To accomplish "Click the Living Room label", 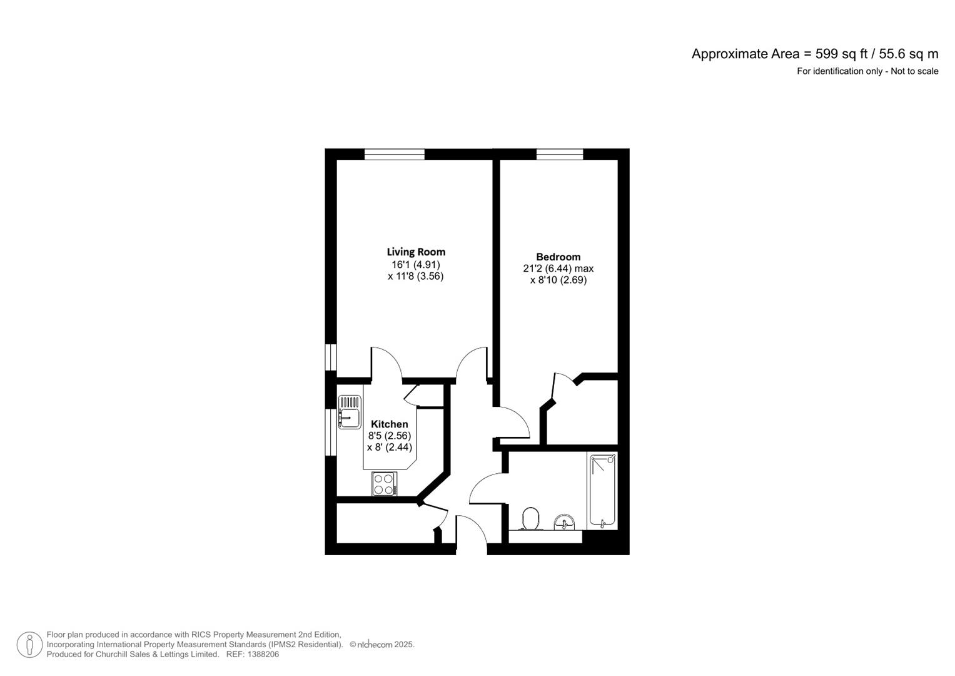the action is click(416, 252).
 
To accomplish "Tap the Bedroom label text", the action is click(558, 257).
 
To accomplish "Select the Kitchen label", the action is click(389, 424).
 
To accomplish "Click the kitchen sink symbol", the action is click(350, 412).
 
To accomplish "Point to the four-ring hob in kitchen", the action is click(384, 484).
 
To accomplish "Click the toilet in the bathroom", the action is click(531, 519).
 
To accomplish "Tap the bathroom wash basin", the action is click(565, 522).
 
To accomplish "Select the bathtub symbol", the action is click(602, 490).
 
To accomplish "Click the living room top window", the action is click(395, 154).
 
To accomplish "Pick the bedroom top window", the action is click(559, 154).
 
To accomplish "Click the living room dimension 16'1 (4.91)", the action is click(416, 265).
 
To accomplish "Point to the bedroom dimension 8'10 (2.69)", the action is click(558, 280).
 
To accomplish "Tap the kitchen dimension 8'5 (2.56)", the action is click(390, 436).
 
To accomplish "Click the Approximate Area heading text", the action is click(815, 54).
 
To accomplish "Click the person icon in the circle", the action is click(29, 645).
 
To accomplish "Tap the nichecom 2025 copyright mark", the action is click(382, 645).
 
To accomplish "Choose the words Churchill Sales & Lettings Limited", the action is click(158, 654).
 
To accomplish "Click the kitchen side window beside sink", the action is click(331, 432).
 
